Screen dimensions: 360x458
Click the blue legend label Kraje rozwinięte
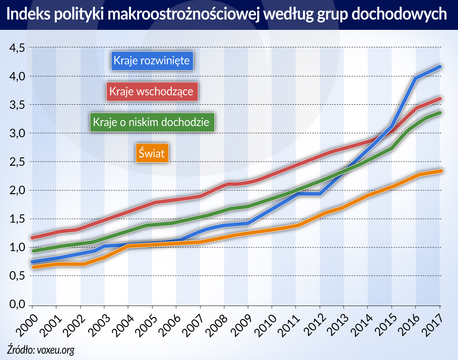click(x=151, y=61)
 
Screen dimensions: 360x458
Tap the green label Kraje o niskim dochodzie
click(x=151, y=122)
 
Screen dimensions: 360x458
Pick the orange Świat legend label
click(x=152, y=153)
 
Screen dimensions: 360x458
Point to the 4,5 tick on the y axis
click(x=17, y=48)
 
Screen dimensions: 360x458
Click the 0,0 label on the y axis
click(x=17, y=305)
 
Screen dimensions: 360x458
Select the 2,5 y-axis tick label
click(x=17, y=162)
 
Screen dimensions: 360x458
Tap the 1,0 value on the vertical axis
click(x=17, y=248)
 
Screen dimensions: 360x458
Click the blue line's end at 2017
click(x=440, y=66)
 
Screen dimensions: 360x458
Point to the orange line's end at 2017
click(x=440, y=171)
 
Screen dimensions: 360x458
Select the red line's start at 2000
click(x=33, y=237)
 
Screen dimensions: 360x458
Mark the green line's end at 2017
click(x=440, y=112)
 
